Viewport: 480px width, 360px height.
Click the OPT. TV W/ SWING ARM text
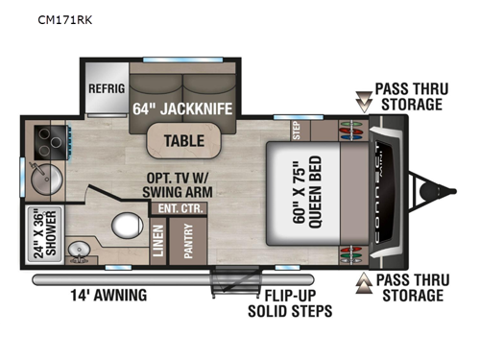point(171,183)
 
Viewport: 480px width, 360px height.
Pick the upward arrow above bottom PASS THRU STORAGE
point(364,281)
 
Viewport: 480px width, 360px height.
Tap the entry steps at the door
point(231,286)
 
